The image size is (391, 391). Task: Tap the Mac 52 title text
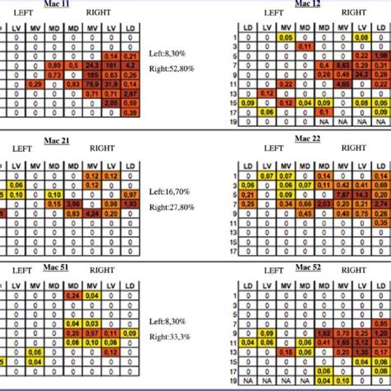pyautogui.click(x=308, y=267)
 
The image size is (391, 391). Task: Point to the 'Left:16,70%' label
pyautogui.click(x=169, y=191)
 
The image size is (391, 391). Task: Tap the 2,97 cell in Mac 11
pyautogui.click(x=130, y=93)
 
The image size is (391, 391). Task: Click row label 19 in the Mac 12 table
pyautogui.click(x=235, y=122)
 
